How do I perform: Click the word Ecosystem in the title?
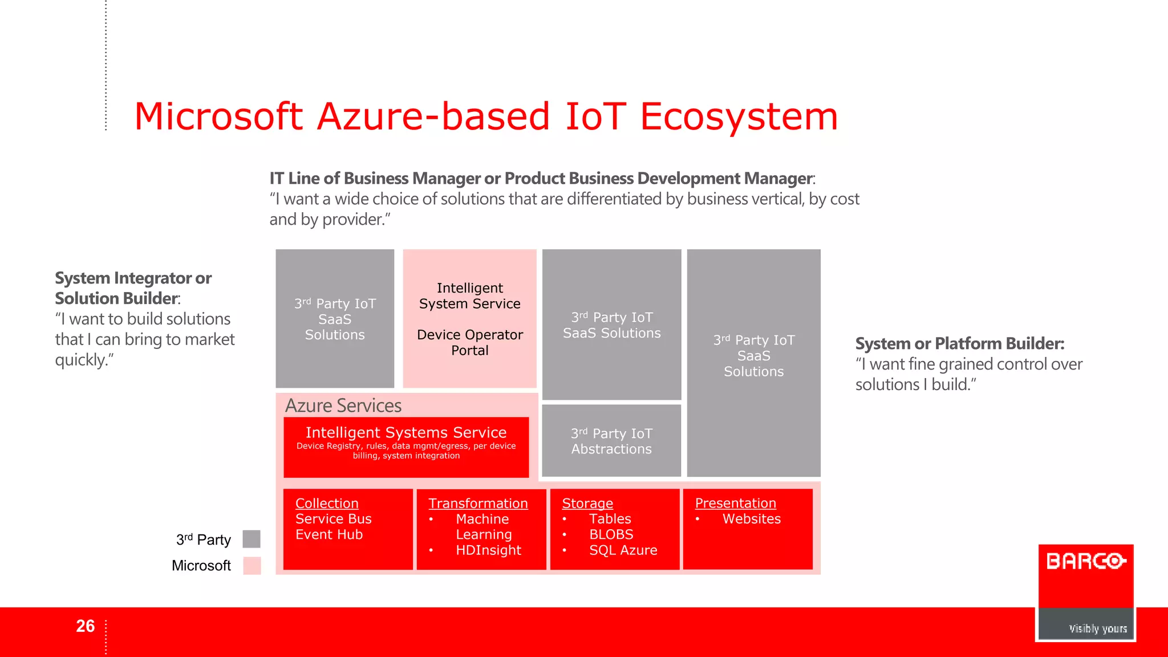(x=739, y=117)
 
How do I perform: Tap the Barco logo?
(x=1086, y=562)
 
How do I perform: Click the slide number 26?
(x=86, y=626)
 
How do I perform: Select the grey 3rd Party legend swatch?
(x=252, y=539)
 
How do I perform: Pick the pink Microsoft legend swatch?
(x=252, y=565)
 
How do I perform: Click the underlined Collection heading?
(x=327, y=504)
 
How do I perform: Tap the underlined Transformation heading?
(x=478, y=504)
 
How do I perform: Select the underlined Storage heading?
(x=587, y=504)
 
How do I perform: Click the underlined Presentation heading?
(x=735, y=504)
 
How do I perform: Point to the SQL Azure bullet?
(x=623, y=550)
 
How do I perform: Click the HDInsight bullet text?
(x=488, y=550)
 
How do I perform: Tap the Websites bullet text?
(x=751, y=519)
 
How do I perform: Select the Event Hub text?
(x=329, y=535)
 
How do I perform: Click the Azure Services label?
(x=343, y=405)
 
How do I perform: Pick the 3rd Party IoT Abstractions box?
(x=611, y=441)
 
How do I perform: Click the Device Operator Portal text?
(x=470, y=342)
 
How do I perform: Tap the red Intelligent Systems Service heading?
(x=406, y=432)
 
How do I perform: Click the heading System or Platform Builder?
(x=959, y=344)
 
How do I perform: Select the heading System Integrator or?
(x=133, y=278)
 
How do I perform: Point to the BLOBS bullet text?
(x=611, y=535)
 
